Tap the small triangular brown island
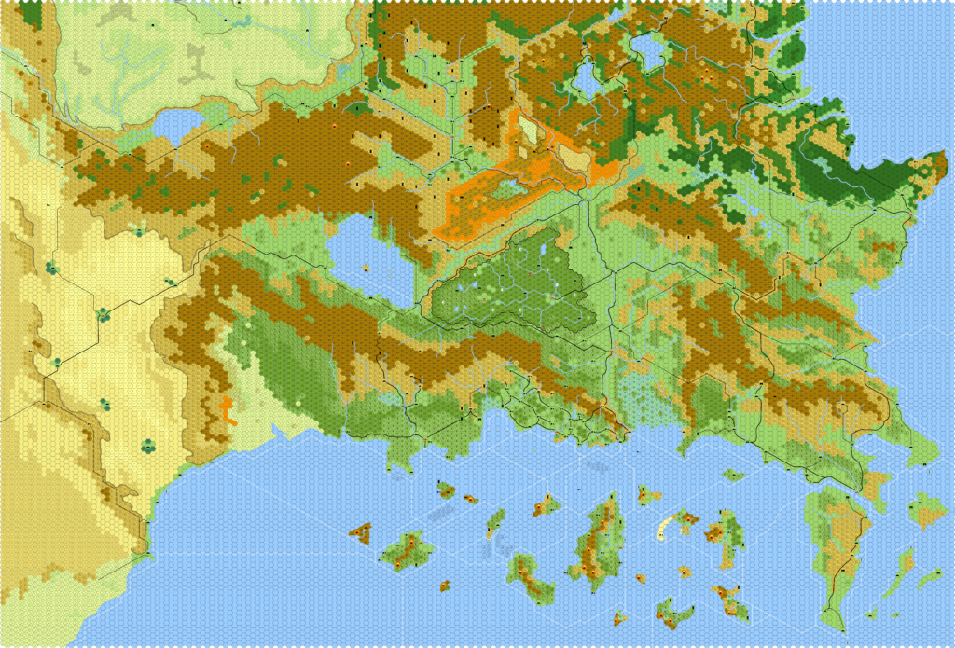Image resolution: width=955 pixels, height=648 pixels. (x=360, y=532)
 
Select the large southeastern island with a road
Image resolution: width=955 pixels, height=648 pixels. (x=833, y=541)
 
